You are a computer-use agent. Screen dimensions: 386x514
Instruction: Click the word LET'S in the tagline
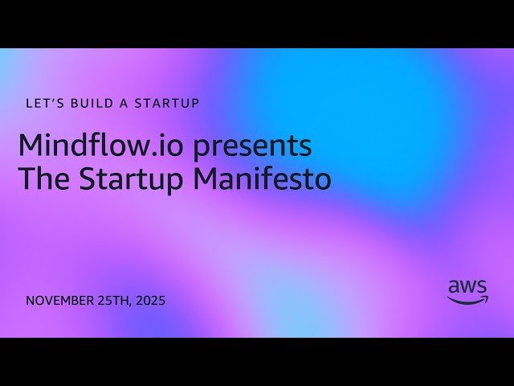click(43, 103)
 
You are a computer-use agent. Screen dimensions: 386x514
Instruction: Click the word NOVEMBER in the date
click(59, 301)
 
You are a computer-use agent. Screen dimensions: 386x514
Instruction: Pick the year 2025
click(151, 301)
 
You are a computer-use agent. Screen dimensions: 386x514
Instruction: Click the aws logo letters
click(467, 286)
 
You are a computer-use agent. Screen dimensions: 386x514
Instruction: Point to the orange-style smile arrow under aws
click(467, 300)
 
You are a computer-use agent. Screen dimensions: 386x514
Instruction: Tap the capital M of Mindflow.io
click(30, 146)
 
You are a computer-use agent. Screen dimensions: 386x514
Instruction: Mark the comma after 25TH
click(132, 305)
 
